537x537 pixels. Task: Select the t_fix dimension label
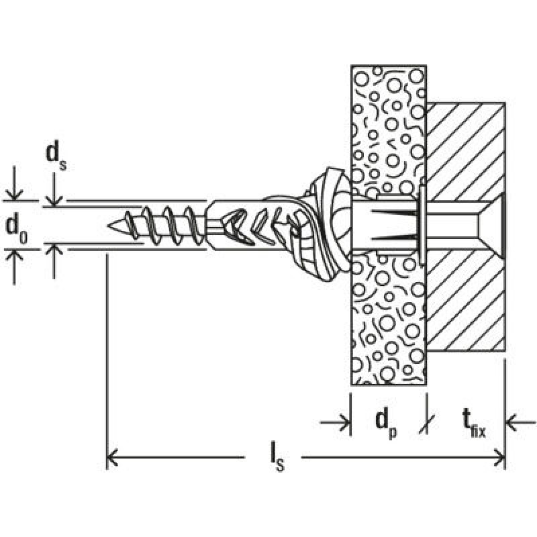click(x=474, y=424)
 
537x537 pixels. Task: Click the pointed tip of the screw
click(x=108, y=226)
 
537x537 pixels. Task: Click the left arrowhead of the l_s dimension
click(x=112, y=457)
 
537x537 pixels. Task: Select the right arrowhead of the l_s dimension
click(x=500, y=457)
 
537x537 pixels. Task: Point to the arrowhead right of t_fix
click(x=511, y=424)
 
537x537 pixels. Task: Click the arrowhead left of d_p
click(x=344, y=424)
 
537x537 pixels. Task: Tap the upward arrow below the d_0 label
click(x=14, y=266)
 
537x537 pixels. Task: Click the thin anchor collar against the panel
click(x=422, y=225)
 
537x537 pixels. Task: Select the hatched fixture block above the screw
click(x=466, y=150)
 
